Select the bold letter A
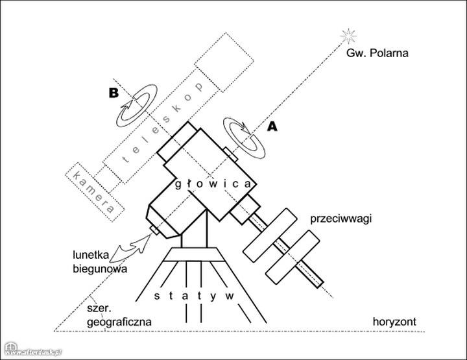[272, 127]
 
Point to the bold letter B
[114, 93]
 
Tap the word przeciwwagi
[341, 219]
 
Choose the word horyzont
[394, 322]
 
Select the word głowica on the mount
[213, 184]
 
